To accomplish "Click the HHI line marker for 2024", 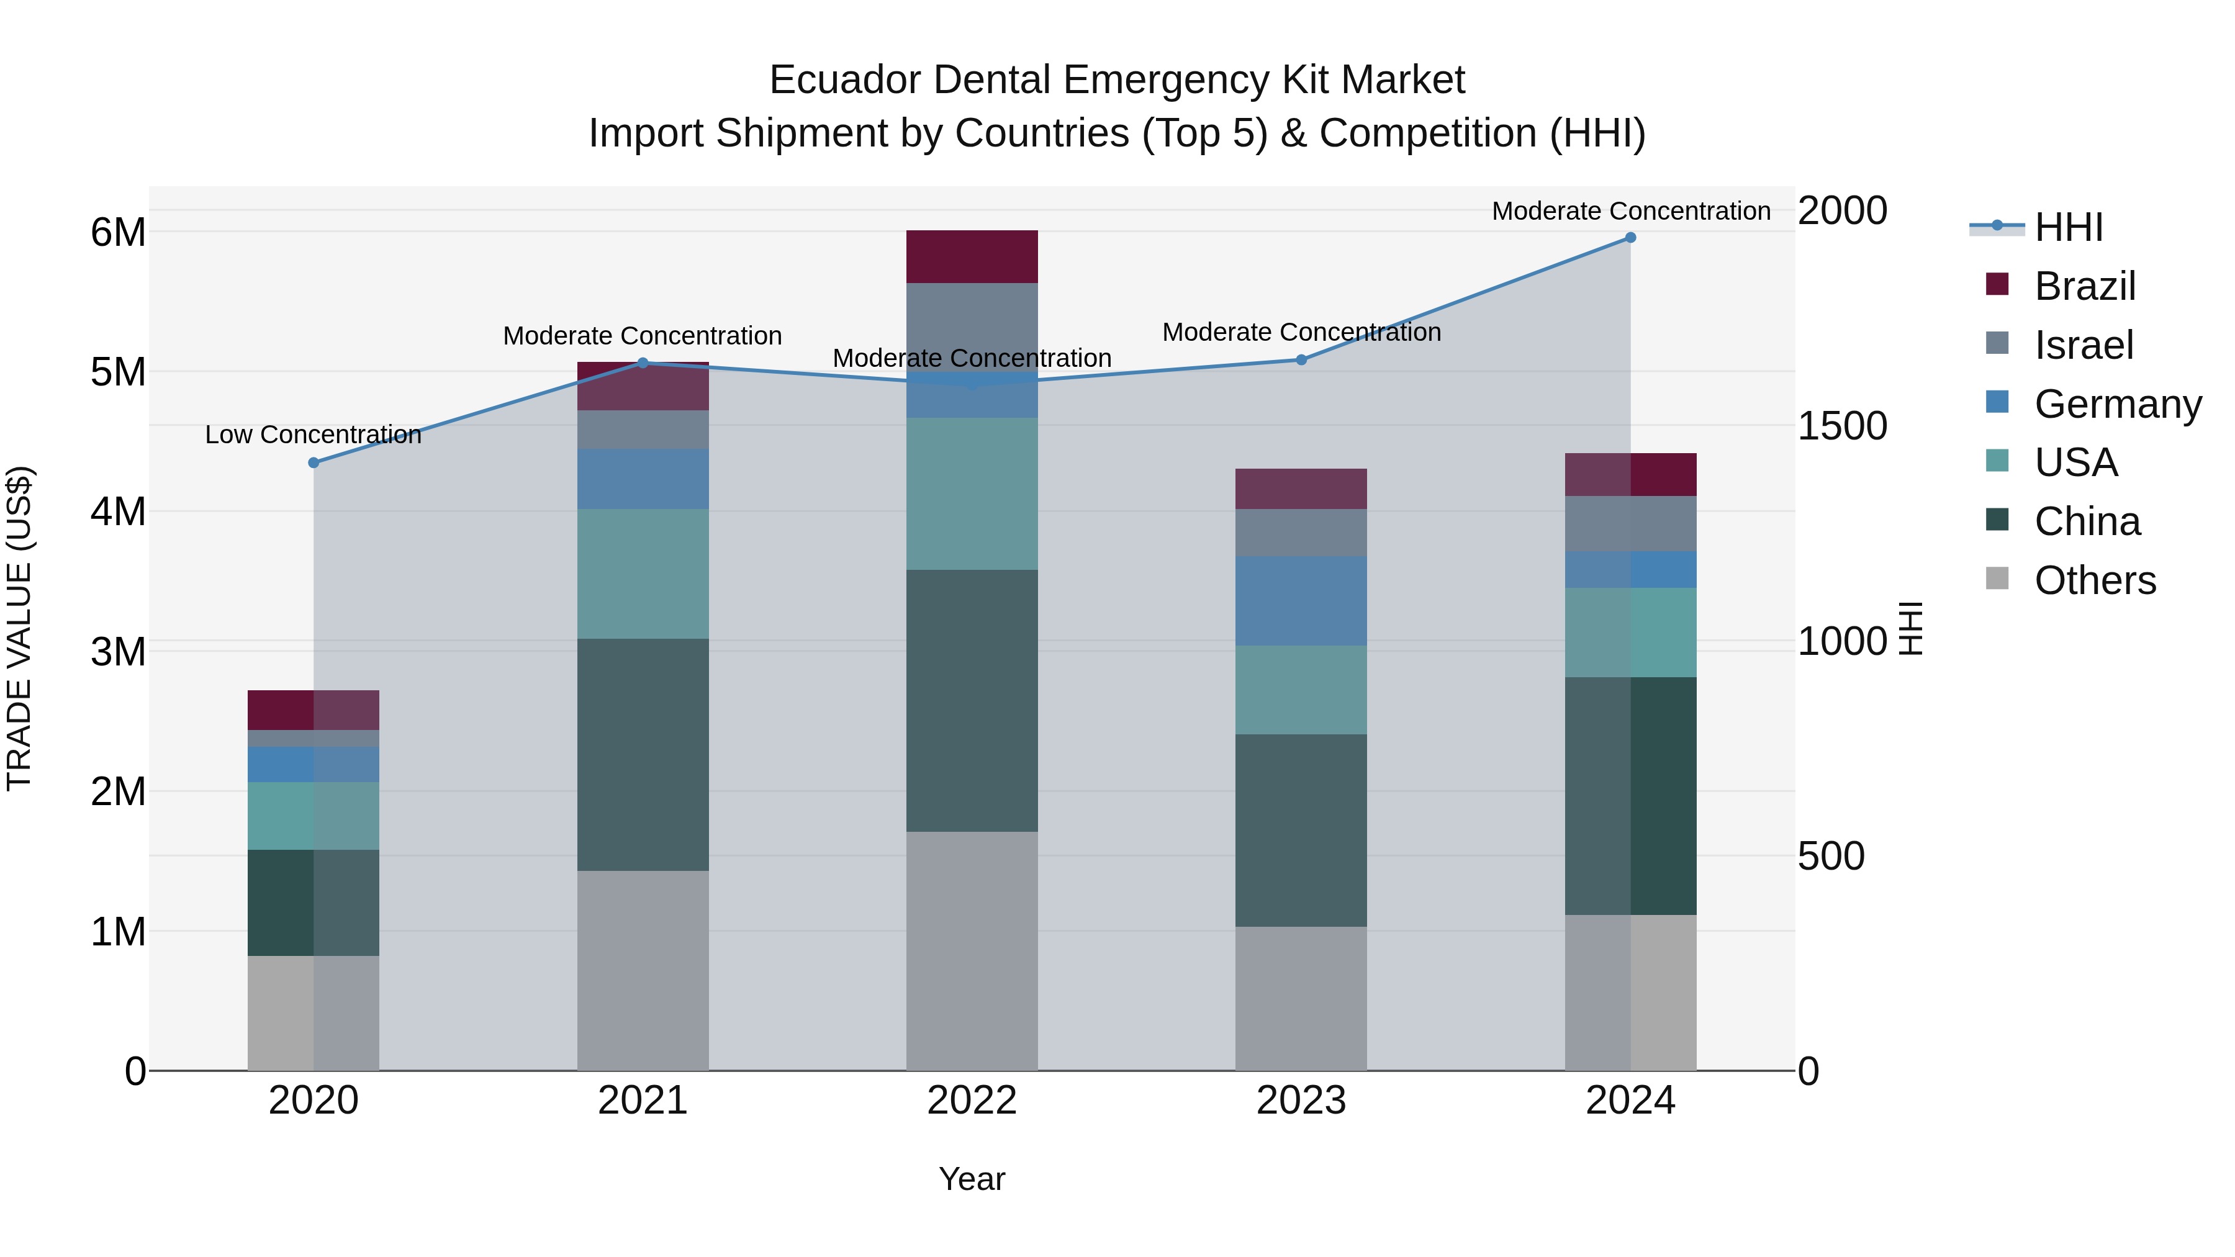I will click(1630, 238).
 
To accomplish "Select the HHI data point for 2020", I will click(314, 462).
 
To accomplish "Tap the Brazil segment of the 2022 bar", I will click(972, 257).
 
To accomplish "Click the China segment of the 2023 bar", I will click(1301, 830).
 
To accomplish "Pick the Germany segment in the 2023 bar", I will click(1301, 601).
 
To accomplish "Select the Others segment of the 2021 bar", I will click(643, 970).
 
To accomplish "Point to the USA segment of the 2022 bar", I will click(972, 493).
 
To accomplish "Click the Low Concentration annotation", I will click(314, 435).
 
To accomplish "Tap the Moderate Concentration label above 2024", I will click(1631, 211).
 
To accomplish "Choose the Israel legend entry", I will click(2082, 345).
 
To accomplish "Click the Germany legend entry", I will click(2117, 404).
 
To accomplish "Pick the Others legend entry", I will click(2095, 580).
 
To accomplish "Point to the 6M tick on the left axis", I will click(118, 233).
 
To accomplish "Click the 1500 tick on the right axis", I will click(1842, 426).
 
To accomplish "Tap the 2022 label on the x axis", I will click(972, 1101).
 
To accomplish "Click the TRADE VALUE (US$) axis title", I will click(19, 628).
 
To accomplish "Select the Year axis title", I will click(972, 1179).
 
